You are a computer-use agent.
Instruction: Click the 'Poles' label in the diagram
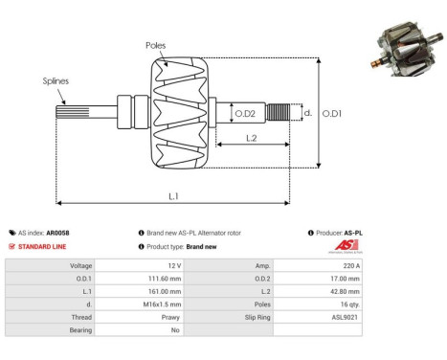[x=157, y=45]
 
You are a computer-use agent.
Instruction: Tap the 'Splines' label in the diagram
[x=55, y=82]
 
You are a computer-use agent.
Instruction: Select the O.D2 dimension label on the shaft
[x=245, y=114]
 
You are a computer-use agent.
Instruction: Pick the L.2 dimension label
[x=251, y=138]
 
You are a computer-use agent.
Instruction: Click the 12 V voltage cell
[x=174, y=265]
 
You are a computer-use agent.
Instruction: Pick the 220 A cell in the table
[x=347, y=265]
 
